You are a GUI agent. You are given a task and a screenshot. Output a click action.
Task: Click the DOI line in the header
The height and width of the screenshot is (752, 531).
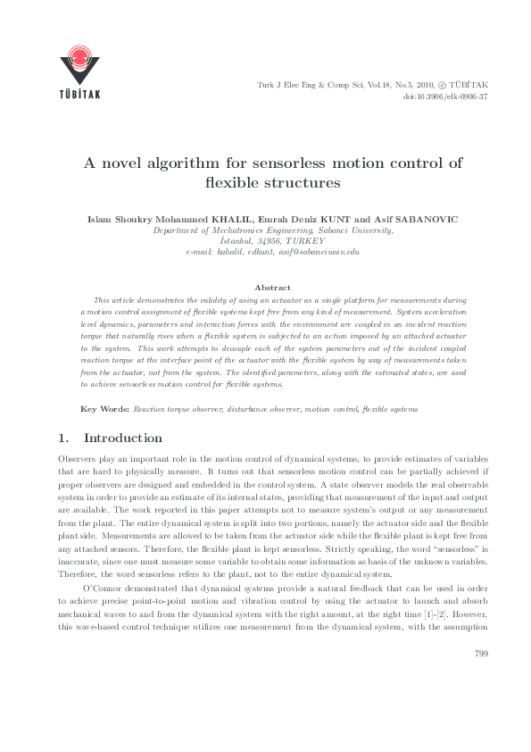coord(445,96)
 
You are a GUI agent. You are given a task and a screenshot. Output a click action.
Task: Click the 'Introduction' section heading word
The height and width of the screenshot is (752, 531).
coord(122,439)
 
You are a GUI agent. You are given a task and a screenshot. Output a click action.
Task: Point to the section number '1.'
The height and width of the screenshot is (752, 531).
coord(62,439)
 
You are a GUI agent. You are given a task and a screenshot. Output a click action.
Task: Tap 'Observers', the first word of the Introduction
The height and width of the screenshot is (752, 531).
coord(76,457)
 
